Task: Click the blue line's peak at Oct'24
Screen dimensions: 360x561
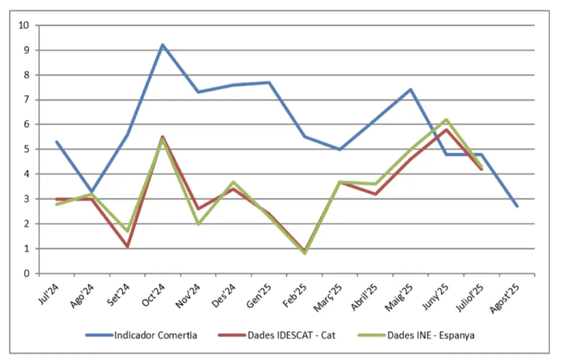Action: click(162, 45)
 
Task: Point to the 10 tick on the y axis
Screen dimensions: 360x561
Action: click(23, 25)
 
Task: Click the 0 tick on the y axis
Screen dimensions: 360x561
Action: click(26, 274)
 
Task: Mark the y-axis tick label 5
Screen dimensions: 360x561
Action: click(26, 149)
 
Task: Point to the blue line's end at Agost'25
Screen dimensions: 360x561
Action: click(517, 206)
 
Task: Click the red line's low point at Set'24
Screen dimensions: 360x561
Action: click(127, 247)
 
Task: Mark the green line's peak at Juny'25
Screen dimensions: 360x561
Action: click(446, 120)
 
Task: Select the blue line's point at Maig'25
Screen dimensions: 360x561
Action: click(410, 89)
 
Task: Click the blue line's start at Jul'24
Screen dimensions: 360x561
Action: click(56, 141)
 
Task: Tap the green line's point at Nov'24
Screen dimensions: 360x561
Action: click(198, 224)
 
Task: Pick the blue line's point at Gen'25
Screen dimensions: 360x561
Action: click(269, 82)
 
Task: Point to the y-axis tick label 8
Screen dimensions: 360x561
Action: click(26, 75)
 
